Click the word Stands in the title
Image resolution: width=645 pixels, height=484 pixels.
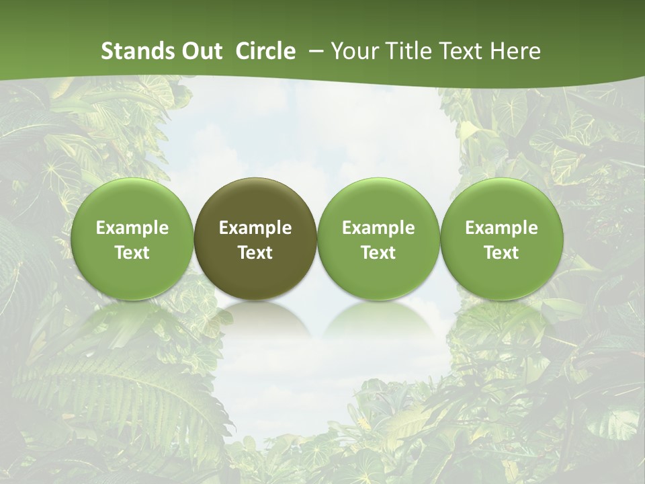[137, 51]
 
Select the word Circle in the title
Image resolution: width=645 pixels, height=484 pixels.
[265, 51]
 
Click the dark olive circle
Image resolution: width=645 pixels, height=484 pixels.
[255, 239]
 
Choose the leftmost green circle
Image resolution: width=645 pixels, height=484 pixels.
[132, 239]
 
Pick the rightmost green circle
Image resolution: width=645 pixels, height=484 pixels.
[501, 239]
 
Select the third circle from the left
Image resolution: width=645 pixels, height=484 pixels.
[378, 239]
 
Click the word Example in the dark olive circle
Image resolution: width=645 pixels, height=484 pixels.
[255, 228]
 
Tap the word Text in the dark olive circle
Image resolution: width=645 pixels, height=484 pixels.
[255, 253]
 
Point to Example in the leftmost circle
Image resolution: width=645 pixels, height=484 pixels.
[132, 228]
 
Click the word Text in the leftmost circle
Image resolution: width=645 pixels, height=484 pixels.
[132, 253]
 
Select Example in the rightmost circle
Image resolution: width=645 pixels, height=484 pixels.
[501, 228]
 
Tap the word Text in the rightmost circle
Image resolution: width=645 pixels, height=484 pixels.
[501, 253]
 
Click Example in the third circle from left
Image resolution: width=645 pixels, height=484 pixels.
[378, 228]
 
